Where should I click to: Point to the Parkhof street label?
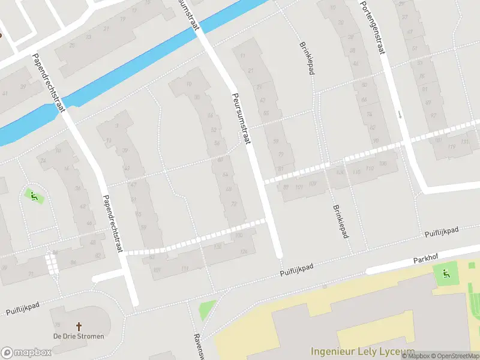click(425, 260)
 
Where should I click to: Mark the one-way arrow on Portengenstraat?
click(400, 113)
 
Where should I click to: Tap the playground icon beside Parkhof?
click(446, 274)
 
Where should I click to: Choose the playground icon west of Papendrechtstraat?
click(34, 195)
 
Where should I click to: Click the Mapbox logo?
click(26, 352)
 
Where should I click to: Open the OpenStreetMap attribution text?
click(456, 356)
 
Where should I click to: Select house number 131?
click(465, 142)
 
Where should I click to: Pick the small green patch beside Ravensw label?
click(206, 310)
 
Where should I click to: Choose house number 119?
click(452, 147)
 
